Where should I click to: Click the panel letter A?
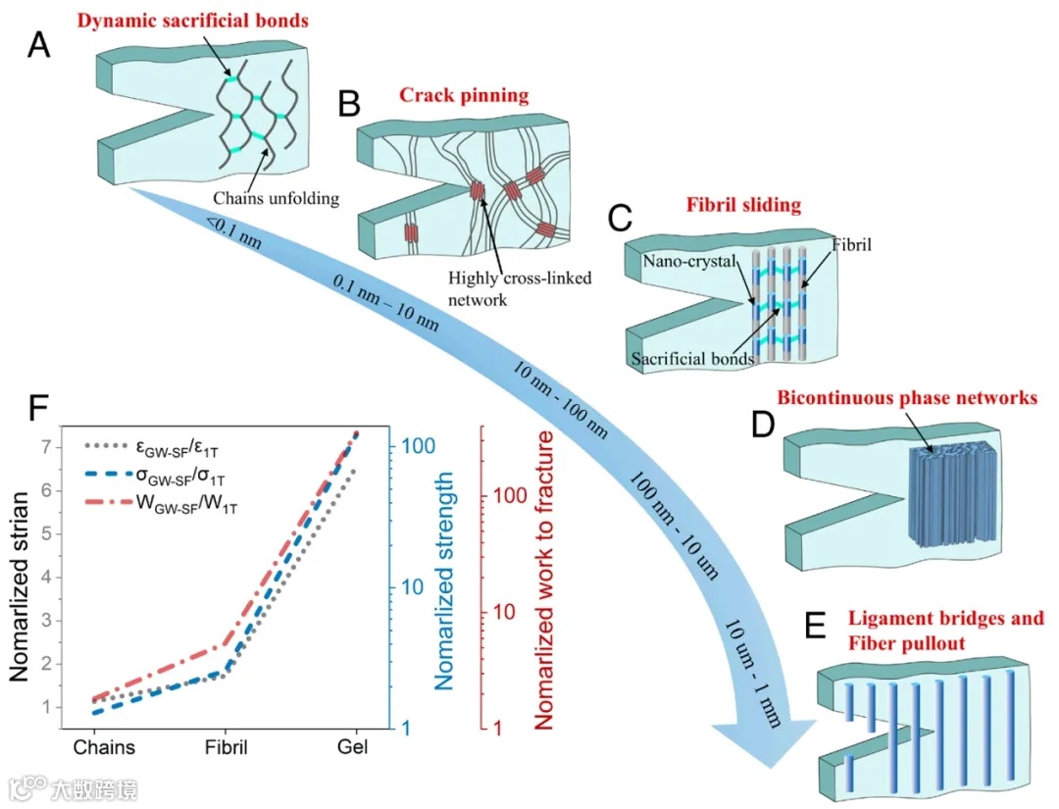coord(38,45)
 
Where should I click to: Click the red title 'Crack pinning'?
coord(464,95)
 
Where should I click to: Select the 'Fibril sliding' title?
coord(744,205)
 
